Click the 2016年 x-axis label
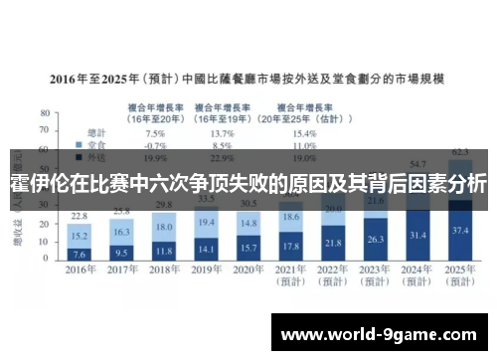pos(81,270)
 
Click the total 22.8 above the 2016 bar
pos(81,216)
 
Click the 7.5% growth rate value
pos(155,133)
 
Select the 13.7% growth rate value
pos(223,133)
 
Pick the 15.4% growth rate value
pos(304,133)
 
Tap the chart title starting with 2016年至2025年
pos(248,78)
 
